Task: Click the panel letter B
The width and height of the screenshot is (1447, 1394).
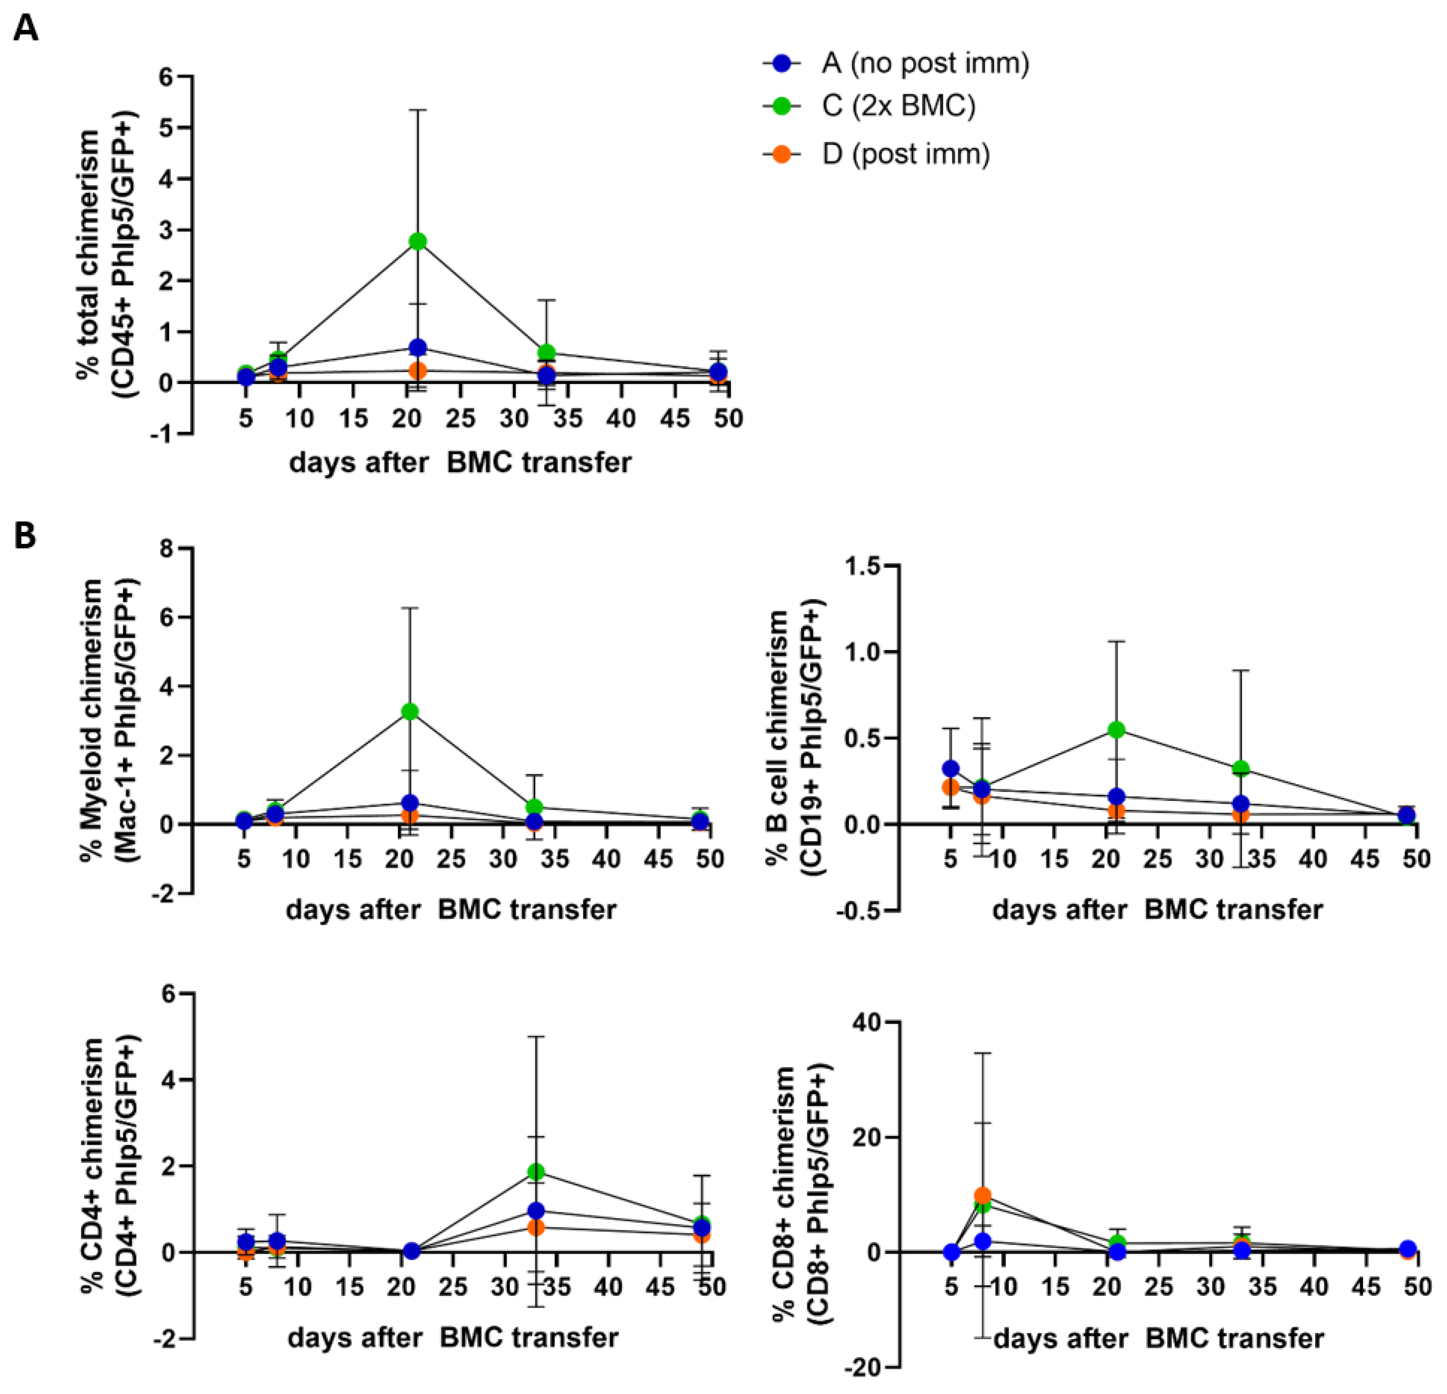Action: [25, 537]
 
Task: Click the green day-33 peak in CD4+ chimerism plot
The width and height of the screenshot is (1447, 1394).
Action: [536, 1172]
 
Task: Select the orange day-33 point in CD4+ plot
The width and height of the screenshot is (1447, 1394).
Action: [536, 1227]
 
